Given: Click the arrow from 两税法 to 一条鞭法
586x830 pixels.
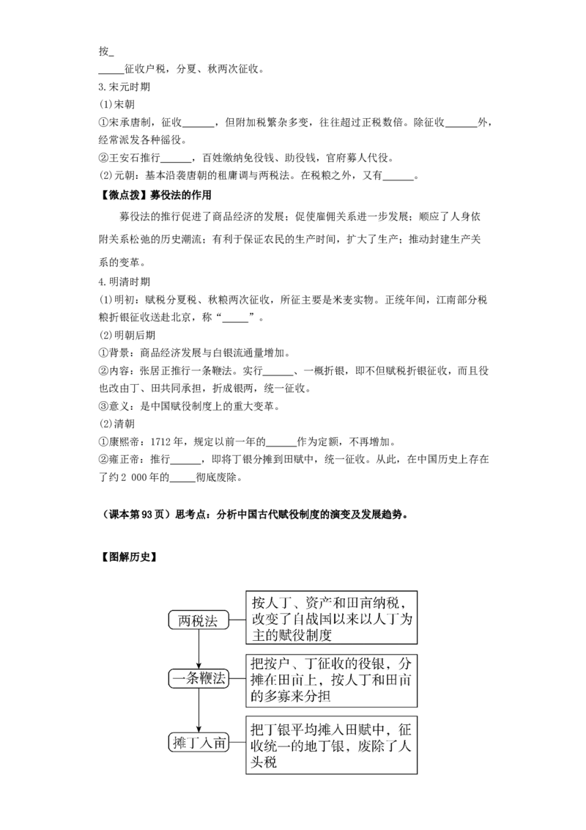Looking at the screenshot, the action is coord(199,649).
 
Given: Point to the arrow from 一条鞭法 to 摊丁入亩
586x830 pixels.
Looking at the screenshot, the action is coord(199,710).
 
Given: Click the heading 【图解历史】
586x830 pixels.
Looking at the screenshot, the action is coord(127,557).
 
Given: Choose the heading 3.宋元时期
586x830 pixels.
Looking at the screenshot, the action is coord(125,87).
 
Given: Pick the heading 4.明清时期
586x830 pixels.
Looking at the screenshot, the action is coord(125,282).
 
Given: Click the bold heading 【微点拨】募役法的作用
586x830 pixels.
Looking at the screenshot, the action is coord(155,195).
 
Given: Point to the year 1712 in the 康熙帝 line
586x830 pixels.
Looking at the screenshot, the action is coord(160,442).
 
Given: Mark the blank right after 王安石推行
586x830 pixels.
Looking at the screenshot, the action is coord(176,159).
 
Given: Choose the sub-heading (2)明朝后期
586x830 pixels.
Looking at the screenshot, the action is coord(127,336).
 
